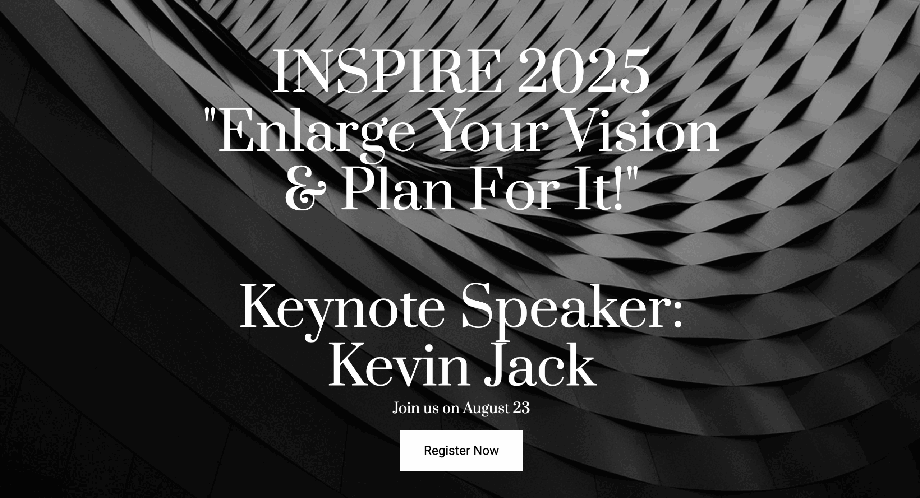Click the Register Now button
click(461, 450)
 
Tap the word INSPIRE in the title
click(388, 72)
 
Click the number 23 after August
click(521, 408)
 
